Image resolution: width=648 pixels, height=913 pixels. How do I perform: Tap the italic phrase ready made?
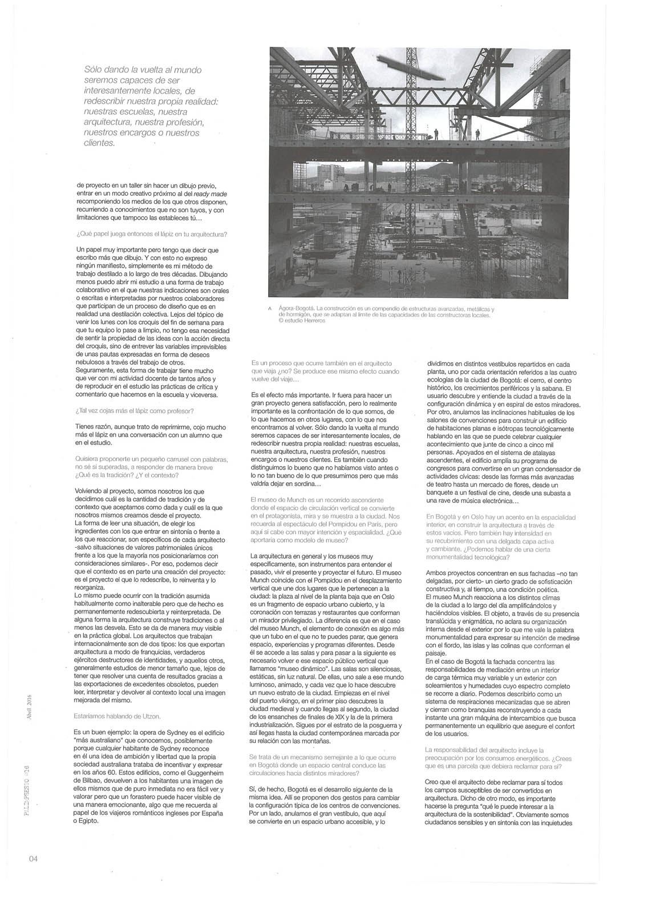point(210,193)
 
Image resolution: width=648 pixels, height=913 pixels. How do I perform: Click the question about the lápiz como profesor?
point(135,410)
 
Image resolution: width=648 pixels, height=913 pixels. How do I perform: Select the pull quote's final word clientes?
point(100,143)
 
